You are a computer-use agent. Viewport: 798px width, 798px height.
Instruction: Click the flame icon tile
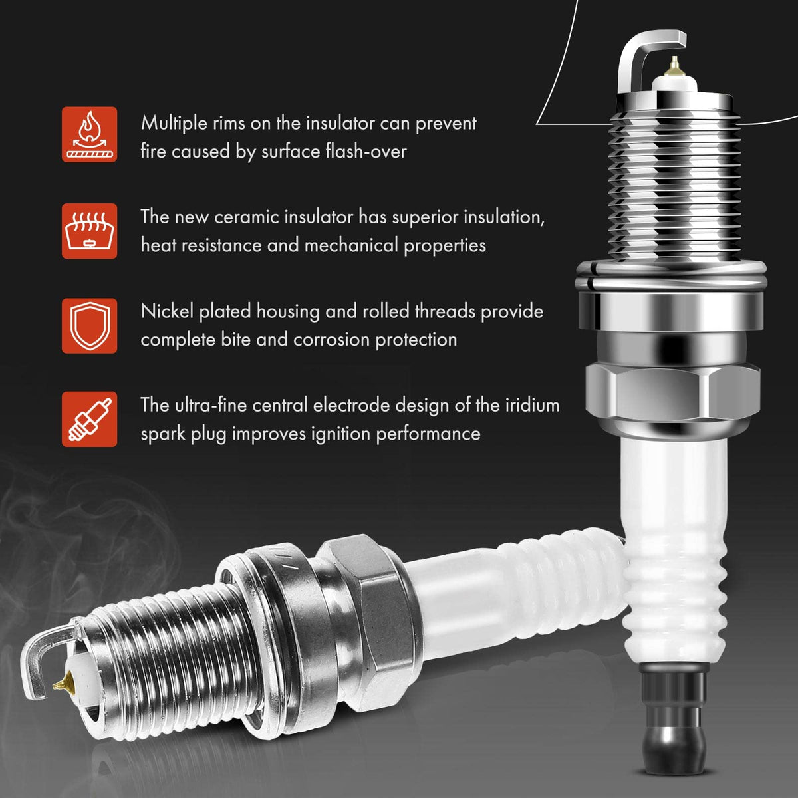click(90, 134)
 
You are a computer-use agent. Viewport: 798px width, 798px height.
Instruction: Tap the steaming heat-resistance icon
click(90, 231)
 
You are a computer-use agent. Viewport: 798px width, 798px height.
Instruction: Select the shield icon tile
click(90, 326)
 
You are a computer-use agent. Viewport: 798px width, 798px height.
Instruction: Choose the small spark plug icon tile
click(90, 419)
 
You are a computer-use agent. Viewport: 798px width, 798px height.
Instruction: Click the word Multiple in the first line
click(174, 124)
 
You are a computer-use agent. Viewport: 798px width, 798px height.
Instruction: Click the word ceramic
click(247, 217)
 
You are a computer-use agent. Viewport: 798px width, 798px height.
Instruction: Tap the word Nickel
click(167, 311)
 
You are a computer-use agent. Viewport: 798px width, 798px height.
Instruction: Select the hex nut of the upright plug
click(673, 391)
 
